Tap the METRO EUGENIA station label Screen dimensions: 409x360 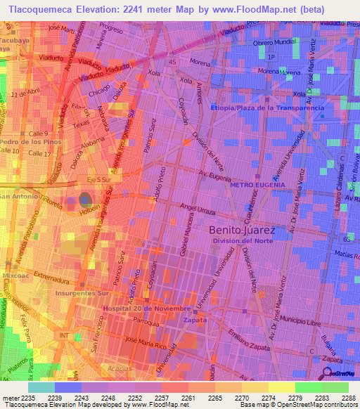coord(255,184)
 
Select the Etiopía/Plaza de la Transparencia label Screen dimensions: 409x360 coord(268,108)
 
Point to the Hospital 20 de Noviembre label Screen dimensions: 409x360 coord(146,309)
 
